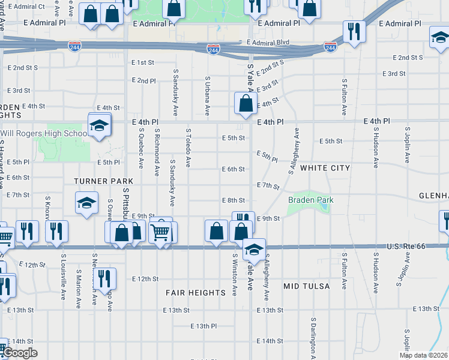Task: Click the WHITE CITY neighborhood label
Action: [x=325, y=169]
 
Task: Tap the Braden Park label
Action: [x=310, y=200]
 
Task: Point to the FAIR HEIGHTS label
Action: [x=196, y=293]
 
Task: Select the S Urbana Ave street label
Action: [x=208, y=95]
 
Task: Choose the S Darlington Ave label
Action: [x=313, y=339]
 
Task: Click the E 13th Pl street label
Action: [x=203, y=326]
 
